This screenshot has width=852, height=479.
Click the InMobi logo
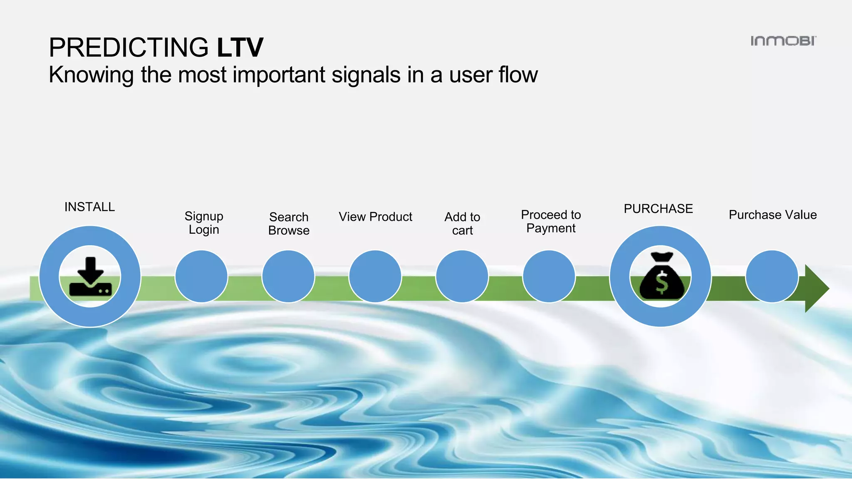coord(783,41)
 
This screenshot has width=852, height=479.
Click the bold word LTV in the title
coord(240,47)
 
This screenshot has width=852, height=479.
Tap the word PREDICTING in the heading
coord(129,47)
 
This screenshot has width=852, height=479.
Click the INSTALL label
coord(89,207)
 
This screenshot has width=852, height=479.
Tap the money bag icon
coord(661,277)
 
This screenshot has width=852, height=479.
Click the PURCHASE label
coord(658,209)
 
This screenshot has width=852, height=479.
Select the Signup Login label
coord(204,223)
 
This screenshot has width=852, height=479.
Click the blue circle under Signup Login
coord(201,277)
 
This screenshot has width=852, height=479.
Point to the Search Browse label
coord(289,224)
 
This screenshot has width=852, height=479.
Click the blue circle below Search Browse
coord(288,277)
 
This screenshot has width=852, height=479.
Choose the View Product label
coord(375,217)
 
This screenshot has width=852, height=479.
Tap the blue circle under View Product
coord(375,277)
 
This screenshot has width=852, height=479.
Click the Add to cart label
coord(462,224)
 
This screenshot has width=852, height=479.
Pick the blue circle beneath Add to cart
coord(462,277)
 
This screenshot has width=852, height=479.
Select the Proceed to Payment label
coord(551,222)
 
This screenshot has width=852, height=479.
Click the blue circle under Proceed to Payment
coord(549,277)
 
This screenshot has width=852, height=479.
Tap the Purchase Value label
coord(773,215)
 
